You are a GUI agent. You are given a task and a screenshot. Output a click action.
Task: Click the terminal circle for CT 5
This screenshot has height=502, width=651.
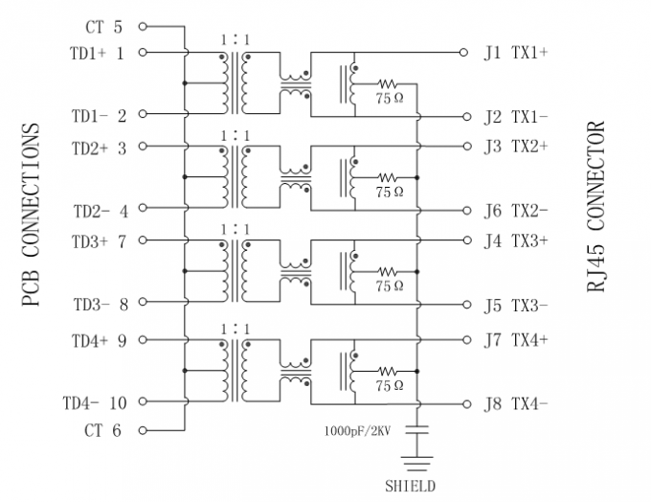[143, 27]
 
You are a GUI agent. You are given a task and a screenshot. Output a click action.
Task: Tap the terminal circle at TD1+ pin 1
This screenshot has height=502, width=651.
[143, 53]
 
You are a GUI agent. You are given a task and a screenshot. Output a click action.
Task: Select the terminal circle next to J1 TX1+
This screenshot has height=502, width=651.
[463, 53]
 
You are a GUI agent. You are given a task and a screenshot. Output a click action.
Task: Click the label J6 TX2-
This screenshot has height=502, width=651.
[516, 211]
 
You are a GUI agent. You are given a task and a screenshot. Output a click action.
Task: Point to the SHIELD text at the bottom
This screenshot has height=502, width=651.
[410, 487]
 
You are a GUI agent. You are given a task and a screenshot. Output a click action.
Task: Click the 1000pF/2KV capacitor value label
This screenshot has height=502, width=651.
[357, 431]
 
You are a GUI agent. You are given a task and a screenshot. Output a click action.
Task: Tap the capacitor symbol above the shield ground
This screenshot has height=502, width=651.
[416, 430]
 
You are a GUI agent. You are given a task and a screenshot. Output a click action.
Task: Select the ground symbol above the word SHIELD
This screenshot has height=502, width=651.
[416, 464]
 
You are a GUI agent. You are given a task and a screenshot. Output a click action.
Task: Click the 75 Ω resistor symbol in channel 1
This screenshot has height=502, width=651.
[387, 84]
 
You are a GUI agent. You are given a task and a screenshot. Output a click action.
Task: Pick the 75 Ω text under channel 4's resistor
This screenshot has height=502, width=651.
[390, 386]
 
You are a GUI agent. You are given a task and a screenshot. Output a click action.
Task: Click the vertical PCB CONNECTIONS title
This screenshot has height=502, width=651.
[32, 215]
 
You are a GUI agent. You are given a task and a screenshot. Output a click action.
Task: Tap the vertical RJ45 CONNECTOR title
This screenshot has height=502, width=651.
[595, 207]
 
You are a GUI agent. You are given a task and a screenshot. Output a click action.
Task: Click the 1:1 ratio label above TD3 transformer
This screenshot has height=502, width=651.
[236, 230]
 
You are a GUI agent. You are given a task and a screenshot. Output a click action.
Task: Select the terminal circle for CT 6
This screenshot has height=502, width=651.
[143, 430]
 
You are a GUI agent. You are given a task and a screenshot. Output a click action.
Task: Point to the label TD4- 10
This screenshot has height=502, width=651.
[95, 403]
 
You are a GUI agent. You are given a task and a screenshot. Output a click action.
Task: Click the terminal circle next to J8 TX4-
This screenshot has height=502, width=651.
[467, 404]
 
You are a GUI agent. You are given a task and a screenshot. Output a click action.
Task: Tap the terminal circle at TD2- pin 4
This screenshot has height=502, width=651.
[143, 207]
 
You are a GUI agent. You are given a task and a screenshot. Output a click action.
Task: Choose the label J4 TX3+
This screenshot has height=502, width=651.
[516, 240]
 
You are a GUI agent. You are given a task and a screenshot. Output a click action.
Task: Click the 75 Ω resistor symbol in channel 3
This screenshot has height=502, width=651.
[387, 272]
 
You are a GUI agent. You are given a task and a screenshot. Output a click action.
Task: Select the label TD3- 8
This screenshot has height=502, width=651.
[101, 305]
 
